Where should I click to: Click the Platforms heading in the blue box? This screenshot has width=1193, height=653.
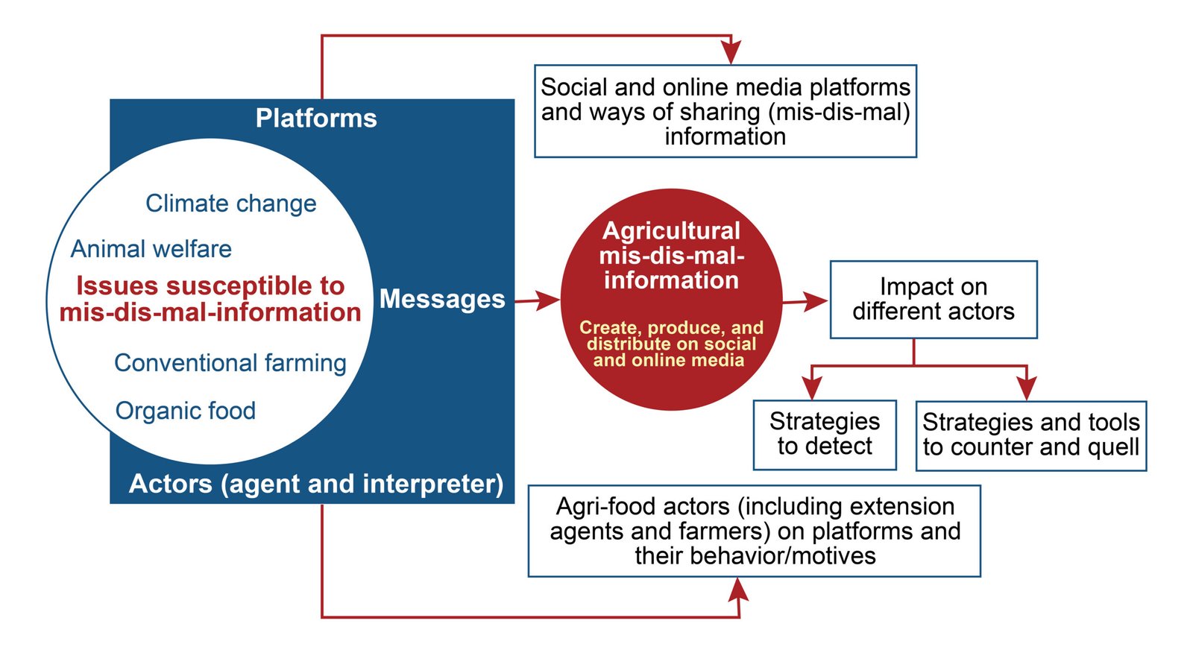pos(316,119)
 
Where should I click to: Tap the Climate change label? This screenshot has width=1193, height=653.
pos(230,204)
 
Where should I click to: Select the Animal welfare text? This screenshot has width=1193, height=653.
pos(151,249)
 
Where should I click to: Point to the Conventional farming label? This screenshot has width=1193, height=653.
pos(230,363)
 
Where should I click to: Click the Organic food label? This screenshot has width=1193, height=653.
pos(185,411)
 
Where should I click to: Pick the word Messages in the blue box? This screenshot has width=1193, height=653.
pos(442,299)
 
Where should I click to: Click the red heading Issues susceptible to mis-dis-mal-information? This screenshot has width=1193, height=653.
pos(210,299)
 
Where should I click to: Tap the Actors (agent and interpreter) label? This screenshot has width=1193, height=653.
pos(316,484)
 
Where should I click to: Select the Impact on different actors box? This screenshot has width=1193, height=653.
pos(933,299)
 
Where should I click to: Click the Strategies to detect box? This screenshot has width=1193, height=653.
pos(824,435)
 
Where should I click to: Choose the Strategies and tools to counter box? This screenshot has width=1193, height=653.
pos(1030,435)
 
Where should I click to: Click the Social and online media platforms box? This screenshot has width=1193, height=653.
pos(725,111)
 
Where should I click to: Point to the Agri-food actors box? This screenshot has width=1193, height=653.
pos(755,531)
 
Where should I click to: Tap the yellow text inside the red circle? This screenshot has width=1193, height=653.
pos(671,344)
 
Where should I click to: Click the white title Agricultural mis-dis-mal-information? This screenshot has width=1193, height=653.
pos(671,255)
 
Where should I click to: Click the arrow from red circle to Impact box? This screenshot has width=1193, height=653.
pos(805,301)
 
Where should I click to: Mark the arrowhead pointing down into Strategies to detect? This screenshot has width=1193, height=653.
pos(811,388)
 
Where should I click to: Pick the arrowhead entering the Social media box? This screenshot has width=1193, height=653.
pos(731,53)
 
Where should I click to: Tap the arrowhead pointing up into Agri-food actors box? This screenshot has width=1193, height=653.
pos(738,590)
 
